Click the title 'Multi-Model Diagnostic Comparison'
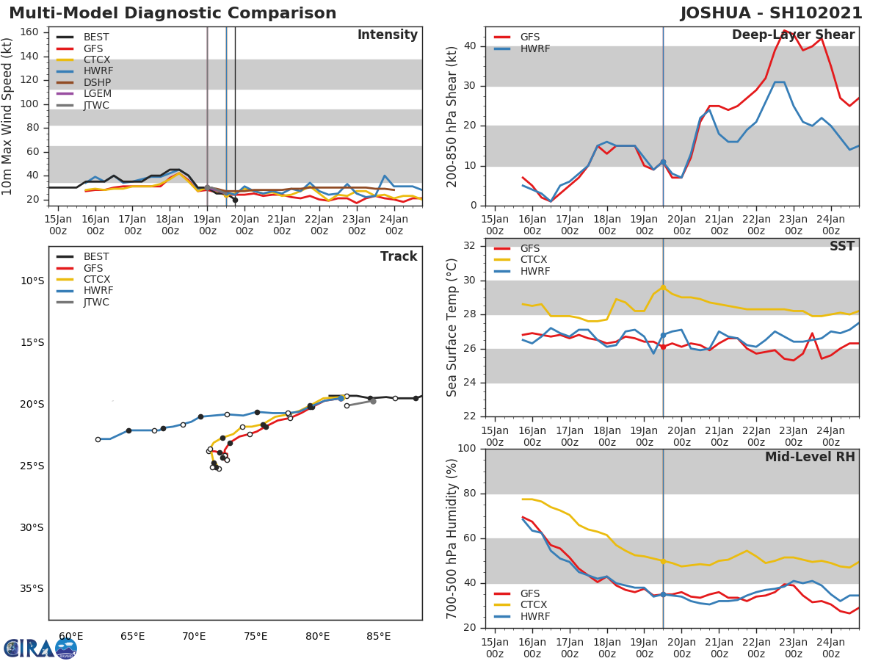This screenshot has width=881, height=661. tap(173, 13)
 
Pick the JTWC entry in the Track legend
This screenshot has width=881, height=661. tap(96, 303)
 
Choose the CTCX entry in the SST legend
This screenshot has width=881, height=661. tap(533, 260)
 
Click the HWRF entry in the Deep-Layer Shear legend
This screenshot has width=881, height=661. tap(534, 49)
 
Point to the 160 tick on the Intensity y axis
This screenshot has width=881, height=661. tap(38, 32)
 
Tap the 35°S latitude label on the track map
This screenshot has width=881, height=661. tap(31, 589)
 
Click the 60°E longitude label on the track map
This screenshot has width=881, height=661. tap(70, 636)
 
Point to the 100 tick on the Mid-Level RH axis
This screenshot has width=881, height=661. tap(470, 449)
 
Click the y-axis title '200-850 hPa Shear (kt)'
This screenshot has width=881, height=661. tap(453, 116)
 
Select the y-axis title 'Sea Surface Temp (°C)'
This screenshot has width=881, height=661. tap(453, 328)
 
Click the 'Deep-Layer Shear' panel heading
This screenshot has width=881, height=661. tap(793, 35)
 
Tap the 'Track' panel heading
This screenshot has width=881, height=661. tap(399, 257)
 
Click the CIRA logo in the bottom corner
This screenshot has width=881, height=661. tap(40, 648)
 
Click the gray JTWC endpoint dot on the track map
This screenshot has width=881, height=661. tap(373, 401)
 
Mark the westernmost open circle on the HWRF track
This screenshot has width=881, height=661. tap(98, 439)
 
